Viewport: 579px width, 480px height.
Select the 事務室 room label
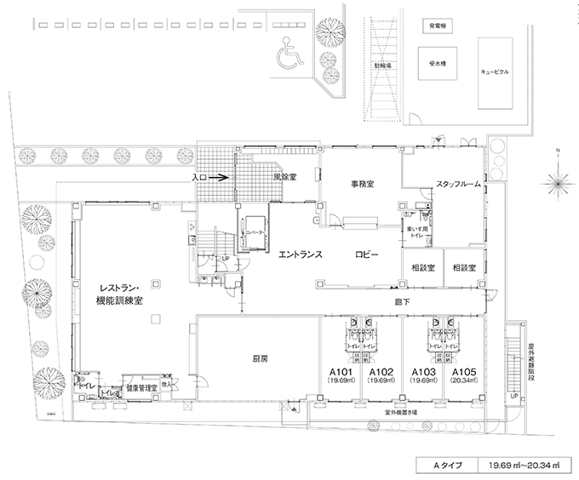[x=364, y=184]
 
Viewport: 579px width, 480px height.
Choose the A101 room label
[x=341, y=372]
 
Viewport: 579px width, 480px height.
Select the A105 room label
[x=464, y=372]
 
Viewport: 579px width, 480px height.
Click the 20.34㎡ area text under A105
[x=464, y=382]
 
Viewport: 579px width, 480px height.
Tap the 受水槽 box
[x=439, y=62]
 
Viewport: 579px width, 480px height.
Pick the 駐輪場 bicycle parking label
[x=372, y=65]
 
